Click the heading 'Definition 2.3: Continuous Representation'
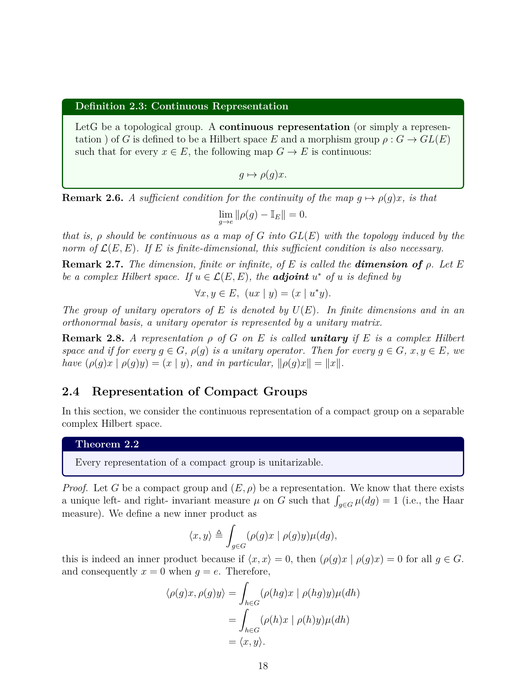click(182, 106)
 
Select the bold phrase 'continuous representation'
click(284, 127)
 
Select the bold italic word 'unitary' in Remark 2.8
click(329, 338)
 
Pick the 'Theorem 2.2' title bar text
click(107, 444)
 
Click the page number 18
click(263, 665)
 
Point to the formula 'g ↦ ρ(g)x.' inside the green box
click(263, 175)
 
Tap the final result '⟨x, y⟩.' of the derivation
click(252, 642)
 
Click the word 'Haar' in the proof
click(454, 501)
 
